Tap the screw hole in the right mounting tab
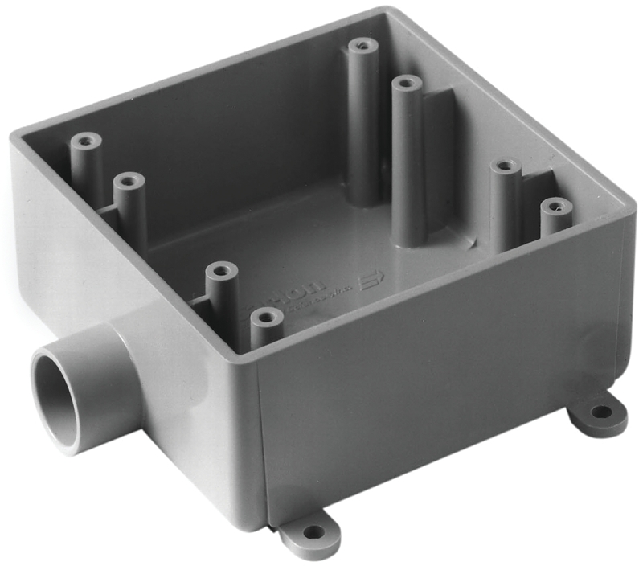pyautogui.click(x=600, y=412)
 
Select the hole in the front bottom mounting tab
pyautogui.click(x=313, y=531)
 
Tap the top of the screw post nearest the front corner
pyautogui.click(x=266, y=317)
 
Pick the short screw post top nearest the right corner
pyautogui.click(x=555, y=207)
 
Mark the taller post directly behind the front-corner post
pyautogui.click(x=221, y=273)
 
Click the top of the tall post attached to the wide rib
pyautogui.click(x=408, y=83)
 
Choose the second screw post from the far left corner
pyautogui.click(x=129, y=180)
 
